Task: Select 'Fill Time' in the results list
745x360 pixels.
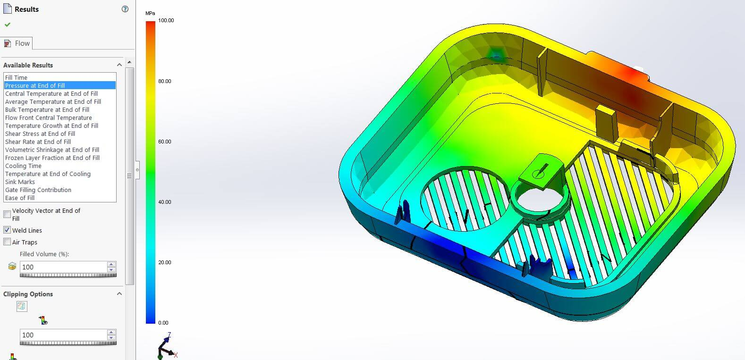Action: (16, 77)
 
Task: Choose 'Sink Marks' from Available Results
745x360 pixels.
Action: (20, 182)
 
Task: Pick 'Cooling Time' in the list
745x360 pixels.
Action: (23, 166)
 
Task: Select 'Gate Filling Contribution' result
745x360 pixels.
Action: (38, 190)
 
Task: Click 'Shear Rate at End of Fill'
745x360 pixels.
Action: (38, 142)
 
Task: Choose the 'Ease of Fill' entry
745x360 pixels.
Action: (20, 198)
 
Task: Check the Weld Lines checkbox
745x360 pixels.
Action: (7, 230)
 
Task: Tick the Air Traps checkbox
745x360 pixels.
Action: (7, 242)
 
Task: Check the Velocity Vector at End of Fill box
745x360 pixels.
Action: (7, 214)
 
